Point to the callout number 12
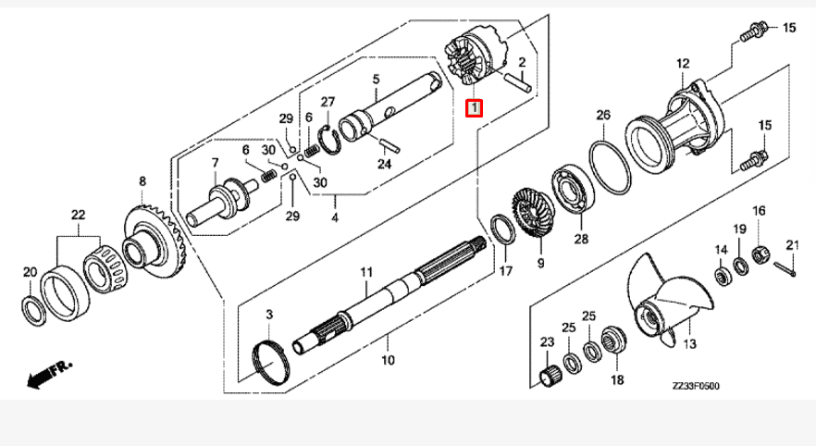pos(683,64)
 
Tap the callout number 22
pos(79,215)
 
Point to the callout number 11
pos(365,272)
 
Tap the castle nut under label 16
pos(758,251)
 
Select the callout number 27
pos(328,101)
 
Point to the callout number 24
pos(383,163)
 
